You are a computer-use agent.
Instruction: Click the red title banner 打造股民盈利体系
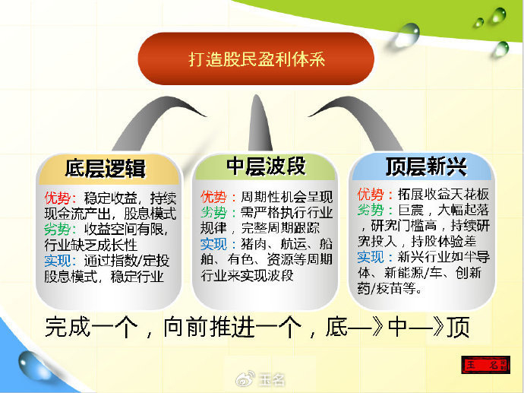[x=256, y=59]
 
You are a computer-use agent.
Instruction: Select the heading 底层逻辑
[x=106, y=168]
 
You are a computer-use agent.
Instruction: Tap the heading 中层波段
[x=266, y=166]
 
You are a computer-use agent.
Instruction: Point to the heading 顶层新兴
[x=426, y=166]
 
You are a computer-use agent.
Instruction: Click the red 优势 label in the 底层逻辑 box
[x=58, y=198]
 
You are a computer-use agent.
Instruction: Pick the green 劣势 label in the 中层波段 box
[x=213, y=212]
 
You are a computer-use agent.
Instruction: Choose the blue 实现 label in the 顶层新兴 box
[x=371, y=257]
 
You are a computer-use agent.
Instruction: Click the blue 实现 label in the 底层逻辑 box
[x=58, y=261]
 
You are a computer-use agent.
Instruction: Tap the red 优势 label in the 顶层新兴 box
[x=371, y=195]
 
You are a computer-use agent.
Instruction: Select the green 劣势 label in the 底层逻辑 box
[x=58, y=229]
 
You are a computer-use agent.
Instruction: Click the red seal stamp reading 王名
[x=486, y=365]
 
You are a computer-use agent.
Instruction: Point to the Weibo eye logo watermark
[x=245, y=379]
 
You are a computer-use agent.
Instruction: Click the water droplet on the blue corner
[x=33, y=365]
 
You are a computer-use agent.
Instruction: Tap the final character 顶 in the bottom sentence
[x=458, y=327]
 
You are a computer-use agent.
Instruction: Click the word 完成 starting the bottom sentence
[x=68, y=327]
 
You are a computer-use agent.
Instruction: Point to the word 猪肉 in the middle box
[x=254, y=244]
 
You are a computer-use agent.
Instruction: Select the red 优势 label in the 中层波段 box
[x=213, y=197]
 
